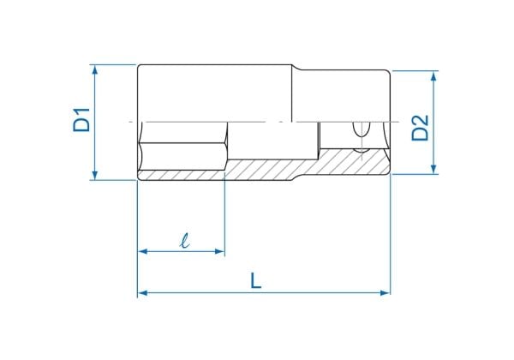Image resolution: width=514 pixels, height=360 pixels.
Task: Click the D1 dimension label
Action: tap(81, 120)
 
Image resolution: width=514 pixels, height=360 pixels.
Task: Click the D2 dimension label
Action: tap(421, 128)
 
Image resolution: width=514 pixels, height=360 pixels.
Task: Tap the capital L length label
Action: tap(255, 281)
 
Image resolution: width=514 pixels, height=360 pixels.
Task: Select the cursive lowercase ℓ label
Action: tap(185, 240)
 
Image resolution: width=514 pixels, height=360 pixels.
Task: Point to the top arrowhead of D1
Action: tap(95, 69)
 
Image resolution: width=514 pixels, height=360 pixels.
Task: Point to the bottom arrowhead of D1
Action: tap(95, 176)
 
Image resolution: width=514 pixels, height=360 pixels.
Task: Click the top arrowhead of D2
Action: tap(433, 75)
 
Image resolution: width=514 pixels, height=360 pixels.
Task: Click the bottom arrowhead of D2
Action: tap(433, 169)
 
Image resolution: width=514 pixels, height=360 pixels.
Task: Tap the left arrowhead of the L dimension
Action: tap(142, 293)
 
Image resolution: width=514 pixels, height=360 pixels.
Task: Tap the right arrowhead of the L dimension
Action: tap(385, 293)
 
